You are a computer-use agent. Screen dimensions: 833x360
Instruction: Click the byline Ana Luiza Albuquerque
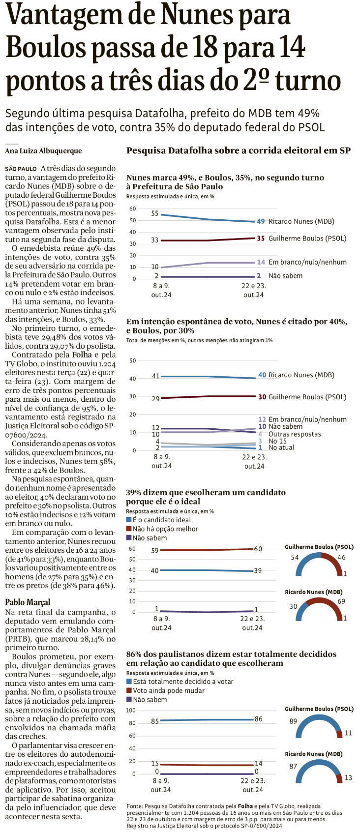coord(43,151)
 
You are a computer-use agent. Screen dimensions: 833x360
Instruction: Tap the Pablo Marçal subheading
coord(28,602)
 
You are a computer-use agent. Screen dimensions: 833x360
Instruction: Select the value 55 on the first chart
coord(155,213)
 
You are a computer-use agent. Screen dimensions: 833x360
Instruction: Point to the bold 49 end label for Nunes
coord(261,221)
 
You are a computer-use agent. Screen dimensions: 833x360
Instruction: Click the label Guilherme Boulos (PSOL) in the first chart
coord(307,238)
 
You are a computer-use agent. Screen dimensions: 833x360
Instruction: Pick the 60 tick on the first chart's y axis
coord(132,209)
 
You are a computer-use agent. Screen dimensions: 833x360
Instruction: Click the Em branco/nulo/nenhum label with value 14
coord(307,262)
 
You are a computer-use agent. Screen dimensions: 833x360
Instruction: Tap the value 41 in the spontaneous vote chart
coord(155,376)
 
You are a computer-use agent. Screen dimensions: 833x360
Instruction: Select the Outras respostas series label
coord(295,434)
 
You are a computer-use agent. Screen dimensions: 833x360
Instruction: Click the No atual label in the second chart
coord(281,447)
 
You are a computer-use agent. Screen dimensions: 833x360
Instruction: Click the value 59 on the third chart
coord(155,550)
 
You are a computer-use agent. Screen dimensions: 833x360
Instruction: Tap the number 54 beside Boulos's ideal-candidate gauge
coord(295,557)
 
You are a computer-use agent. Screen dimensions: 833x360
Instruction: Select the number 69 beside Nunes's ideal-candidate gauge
coord(341,601)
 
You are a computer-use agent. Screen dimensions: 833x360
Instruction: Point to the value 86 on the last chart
coord(258,719)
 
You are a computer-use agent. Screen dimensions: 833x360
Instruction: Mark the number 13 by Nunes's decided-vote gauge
coord(348,777)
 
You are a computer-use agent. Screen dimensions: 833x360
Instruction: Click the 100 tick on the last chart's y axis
coord(130,710)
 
